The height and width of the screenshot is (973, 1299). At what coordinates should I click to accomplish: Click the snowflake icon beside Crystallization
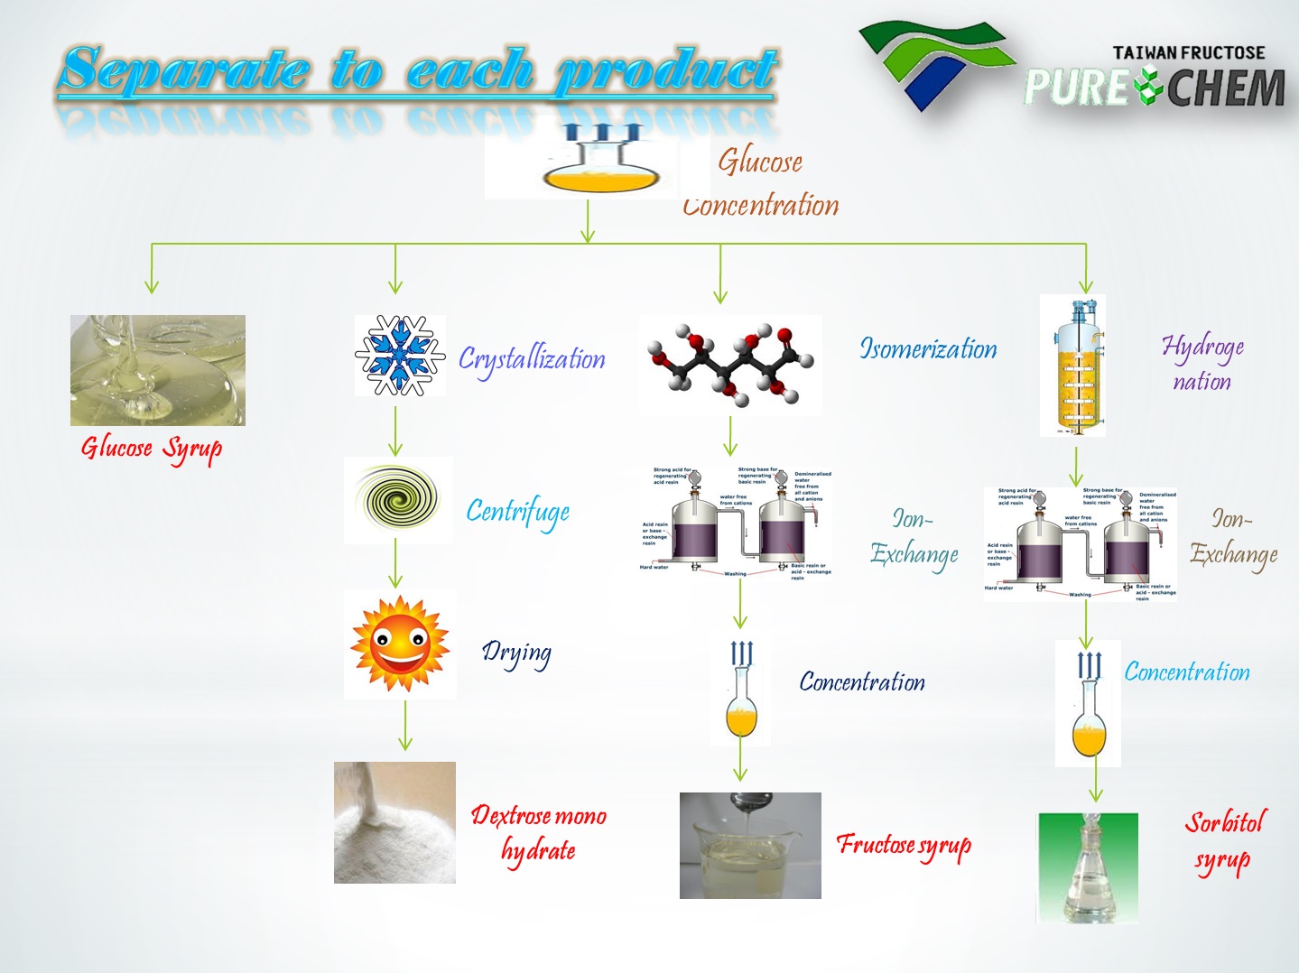(x=400, y=356)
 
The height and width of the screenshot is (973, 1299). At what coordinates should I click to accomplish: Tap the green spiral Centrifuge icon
(x=397, y=499)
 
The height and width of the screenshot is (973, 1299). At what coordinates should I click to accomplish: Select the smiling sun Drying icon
(x=400, y=644)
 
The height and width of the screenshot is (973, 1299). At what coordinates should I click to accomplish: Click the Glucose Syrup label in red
(x=152, y=449)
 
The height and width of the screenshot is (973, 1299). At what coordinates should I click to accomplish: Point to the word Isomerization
(x=928, y=349)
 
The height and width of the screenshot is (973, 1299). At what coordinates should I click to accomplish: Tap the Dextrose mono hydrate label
(x=538, y=832)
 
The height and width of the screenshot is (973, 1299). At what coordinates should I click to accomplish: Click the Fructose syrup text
(x=904, y=845)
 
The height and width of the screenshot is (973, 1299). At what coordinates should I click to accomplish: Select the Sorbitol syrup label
(x=1225, y=840)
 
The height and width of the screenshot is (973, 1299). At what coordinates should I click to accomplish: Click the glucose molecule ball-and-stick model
(x=731, y=364)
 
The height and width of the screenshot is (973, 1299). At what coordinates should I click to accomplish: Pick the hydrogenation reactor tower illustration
(x=1073, y=366)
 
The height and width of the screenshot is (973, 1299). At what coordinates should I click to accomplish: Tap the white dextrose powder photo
(x=394, y=822)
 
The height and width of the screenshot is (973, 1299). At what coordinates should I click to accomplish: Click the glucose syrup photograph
(x=158, y=370)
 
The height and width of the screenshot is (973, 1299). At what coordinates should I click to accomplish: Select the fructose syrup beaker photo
(x=750, y=846)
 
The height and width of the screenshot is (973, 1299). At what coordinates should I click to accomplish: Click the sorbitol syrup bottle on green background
(x=1087, y=867)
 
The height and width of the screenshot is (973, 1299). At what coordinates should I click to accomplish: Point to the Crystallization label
(x=532, y=359)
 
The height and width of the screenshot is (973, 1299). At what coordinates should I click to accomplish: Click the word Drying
(x=516, y=653)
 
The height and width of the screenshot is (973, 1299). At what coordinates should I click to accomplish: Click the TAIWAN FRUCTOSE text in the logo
(x=1189, y=53)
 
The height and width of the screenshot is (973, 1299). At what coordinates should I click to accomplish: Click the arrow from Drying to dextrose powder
(x=405, y=726)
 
